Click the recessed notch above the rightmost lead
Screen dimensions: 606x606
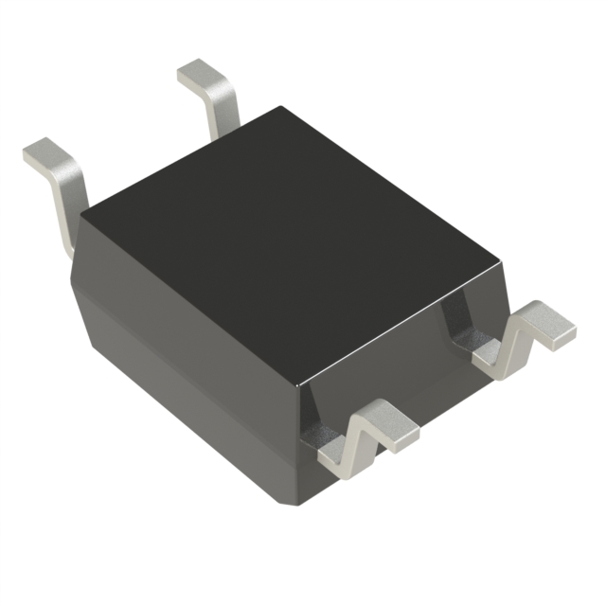click(x=464, y=322)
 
